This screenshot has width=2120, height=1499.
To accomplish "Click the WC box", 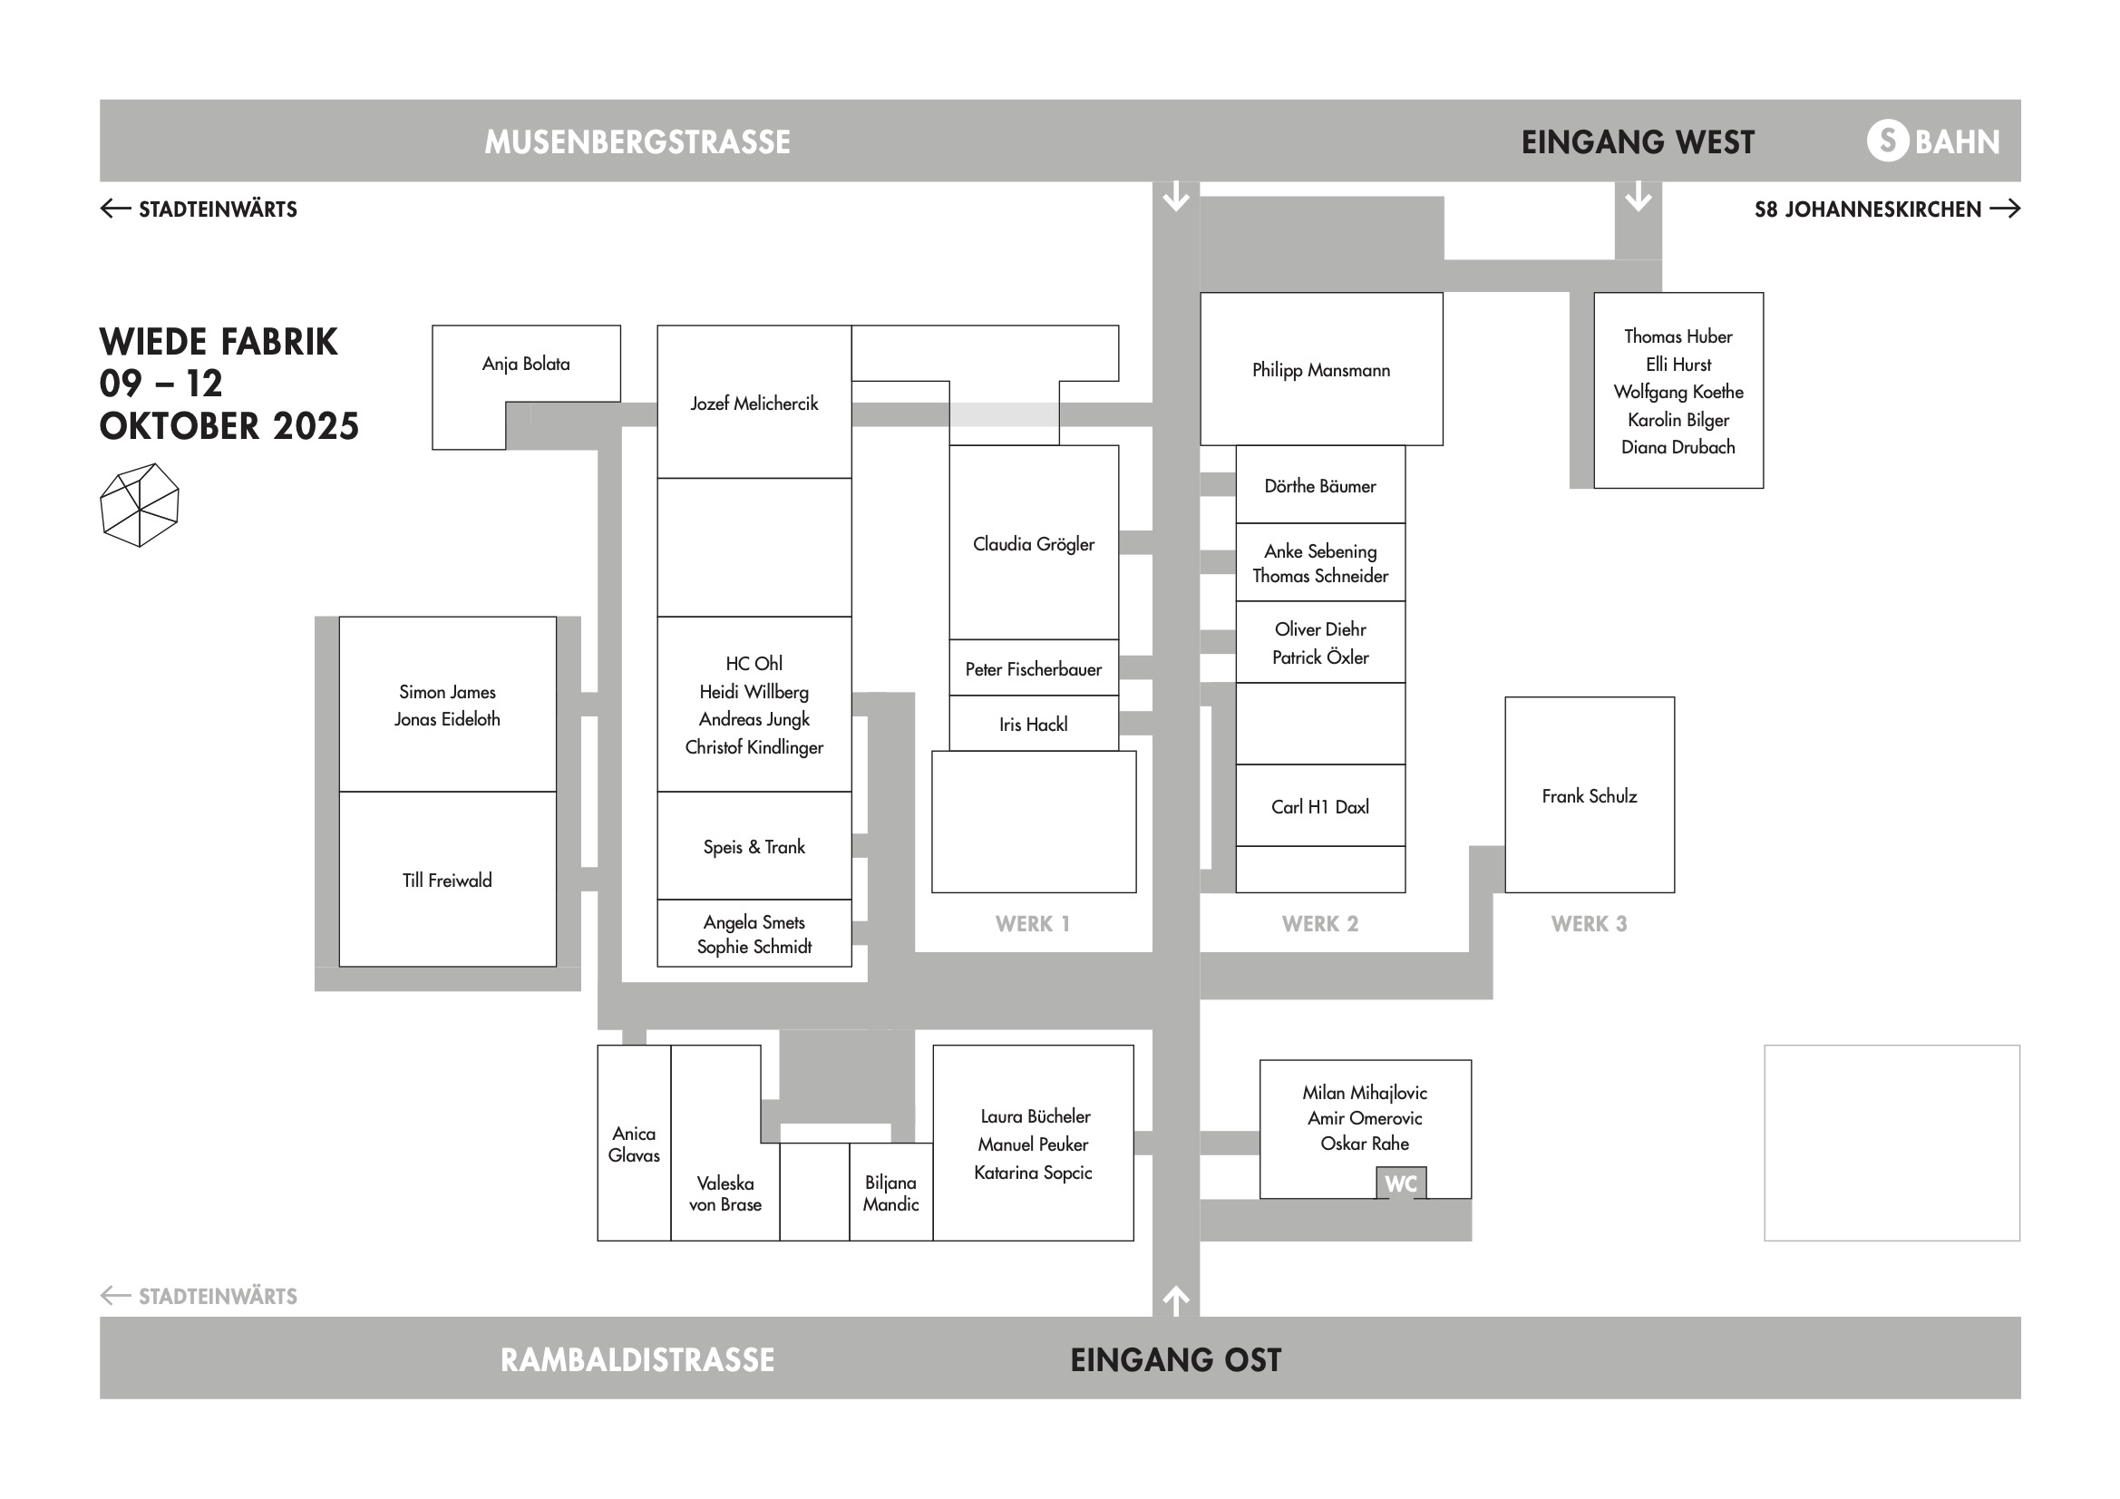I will (x=1400, y=1183).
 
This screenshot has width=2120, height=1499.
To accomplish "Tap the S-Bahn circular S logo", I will (x=1887, y=141).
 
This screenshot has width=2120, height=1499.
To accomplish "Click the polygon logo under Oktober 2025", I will (x=140, y=504).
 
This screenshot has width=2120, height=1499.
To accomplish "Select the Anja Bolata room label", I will (x=525, y=364).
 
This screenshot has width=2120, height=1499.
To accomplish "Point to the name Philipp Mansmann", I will (x=1320, y=370).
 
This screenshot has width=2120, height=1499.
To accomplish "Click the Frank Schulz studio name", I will (x=1588, y=796).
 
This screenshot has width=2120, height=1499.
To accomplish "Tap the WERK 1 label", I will (x=1032, y=923).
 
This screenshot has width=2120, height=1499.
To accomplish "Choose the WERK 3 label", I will (x=1588, y=923).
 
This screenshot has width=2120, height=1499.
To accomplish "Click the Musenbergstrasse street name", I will (x=637, y=142).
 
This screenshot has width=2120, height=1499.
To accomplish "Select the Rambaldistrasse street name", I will (x=637, y=1359).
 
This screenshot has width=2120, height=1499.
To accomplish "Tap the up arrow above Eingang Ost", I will (x=1175, y=1300).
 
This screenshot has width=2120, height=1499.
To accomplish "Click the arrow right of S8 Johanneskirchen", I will (x=2005, y=209).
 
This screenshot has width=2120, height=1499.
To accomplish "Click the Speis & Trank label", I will (x=754, y=847).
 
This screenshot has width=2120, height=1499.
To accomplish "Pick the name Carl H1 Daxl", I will (x=1319, y=807).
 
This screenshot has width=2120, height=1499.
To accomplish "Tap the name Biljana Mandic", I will (x=890, y=1193).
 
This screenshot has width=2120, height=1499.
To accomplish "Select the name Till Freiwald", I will (x=447, y=881).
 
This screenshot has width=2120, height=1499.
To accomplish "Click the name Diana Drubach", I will (x=1677, y=447).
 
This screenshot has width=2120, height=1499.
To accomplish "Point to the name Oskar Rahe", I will (x=1364, y=1144).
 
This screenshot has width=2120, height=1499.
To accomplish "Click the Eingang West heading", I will (x=1637, y=142).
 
